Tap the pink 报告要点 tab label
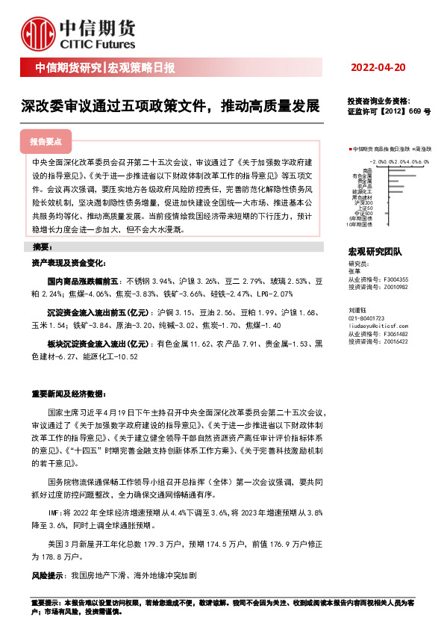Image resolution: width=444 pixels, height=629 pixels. tap(46, 141)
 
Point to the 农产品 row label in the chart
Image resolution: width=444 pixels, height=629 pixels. tap(364, 185)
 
